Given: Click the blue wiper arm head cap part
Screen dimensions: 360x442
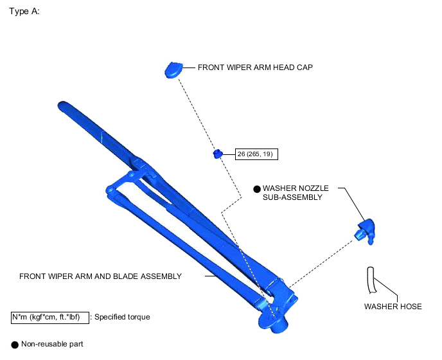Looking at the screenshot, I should coord(173,69).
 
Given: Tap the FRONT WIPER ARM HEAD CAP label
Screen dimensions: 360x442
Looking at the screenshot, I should coord(255,67).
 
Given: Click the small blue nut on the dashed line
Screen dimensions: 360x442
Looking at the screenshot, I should coord(218,154).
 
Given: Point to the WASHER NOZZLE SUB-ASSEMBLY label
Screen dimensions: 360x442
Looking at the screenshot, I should coord(296,193).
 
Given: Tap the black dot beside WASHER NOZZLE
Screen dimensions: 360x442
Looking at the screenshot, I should coord(257,189).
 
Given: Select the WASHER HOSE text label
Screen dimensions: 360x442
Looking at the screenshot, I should coord(393,307).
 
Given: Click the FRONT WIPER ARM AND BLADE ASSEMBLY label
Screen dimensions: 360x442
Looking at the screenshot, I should coord(100,276).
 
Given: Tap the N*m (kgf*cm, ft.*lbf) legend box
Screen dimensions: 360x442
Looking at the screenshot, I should coord(49,317).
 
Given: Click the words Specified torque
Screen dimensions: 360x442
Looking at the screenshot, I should coord(123,317).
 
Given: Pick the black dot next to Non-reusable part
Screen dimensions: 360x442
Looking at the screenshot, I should coord(15,345).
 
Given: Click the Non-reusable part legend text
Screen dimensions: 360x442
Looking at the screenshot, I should coord(52,345).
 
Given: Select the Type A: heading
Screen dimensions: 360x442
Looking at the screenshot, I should coord(24,12).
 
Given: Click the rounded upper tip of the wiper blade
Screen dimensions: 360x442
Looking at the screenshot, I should coord(62,104).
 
